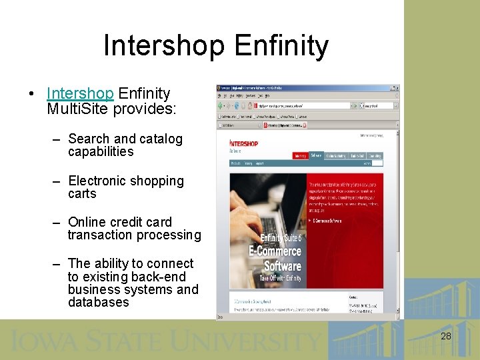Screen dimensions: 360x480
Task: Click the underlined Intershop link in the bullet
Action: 81,94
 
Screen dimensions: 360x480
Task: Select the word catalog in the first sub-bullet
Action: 160,139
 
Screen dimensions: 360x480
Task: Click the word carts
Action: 82,194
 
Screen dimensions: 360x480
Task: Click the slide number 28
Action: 446,336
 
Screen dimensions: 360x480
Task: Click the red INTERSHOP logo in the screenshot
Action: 244,143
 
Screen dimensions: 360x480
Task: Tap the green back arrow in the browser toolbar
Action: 221,105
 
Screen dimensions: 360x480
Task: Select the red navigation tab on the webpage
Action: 300,155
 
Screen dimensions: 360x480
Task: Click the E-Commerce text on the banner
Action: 275,251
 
